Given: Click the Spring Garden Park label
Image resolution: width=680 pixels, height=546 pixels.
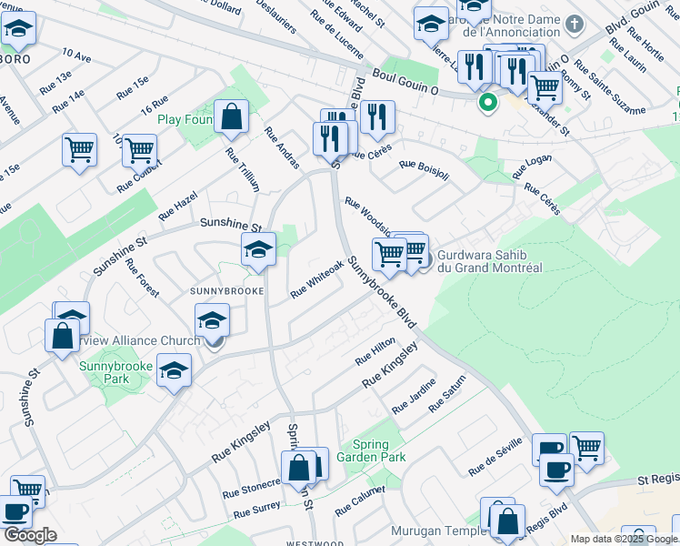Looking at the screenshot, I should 371,450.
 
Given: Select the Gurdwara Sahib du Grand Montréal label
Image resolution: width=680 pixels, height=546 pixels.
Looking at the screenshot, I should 490,261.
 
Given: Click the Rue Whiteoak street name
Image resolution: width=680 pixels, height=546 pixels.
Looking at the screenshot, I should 316,279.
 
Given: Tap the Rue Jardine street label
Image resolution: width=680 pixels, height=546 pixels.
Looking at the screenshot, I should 414,397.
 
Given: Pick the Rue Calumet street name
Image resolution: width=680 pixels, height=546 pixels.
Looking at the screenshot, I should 360,500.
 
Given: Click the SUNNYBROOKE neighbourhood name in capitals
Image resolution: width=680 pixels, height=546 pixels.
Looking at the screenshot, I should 226,291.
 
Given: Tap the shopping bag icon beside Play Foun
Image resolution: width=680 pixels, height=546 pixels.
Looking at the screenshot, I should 232,116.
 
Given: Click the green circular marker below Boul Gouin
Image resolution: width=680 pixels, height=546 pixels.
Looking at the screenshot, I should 488,102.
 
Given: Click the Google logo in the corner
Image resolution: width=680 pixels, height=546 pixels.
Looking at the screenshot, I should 30,535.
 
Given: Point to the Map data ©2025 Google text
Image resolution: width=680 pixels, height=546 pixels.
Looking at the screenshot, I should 624,539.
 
